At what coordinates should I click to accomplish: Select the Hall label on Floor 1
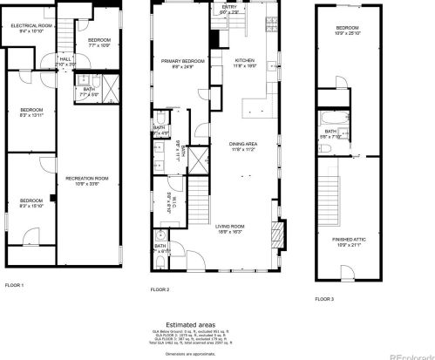[65, 62]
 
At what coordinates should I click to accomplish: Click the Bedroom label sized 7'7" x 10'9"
[98, 42]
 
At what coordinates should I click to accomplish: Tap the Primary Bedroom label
[181, 62]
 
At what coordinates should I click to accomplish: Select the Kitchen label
[245, 62]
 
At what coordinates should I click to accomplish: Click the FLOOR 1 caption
[14, 284]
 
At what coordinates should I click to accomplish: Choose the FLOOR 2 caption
[160, 289]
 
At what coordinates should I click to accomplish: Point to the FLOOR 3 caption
[323, 298]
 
